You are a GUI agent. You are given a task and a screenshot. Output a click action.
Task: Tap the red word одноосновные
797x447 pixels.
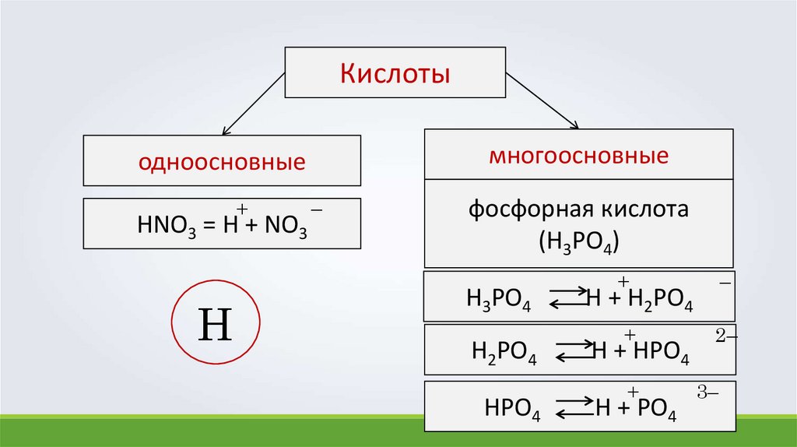pos(221,163)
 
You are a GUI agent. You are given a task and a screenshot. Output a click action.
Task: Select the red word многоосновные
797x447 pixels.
pos(578,155)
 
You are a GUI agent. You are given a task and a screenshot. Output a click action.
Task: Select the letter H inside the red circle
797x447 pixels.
pos(216,325)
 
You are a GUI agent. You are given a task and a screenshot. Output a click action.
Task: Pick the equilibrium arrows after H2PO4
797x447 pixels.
pos(574,351)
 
